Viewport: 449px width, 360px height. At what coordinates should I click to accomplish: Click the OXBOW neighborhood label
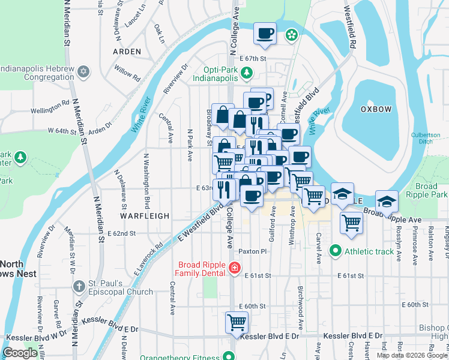tap(376, 109)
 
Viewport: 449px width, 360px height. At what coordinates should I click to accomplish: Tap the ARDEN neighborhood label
tap(127, 52)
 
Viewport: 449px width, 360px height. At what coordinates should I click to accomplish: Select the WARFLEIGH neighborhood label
tap(144, 215)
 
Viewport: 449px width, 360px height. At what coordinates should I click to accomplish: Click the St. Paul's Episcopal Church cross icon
tap(78, 286)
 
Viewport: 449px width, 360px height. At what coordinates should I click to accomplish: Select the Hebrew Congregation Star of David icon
tap(84, 72)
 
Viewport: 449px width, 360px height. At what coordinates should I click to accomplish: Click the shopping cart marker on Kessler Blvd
tap(237, 322)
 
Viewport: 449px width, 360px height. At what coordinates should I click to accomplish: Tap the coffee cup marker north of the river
tap(265, 34)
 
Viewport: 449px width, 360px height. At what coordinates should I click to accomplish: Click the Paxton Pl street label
tap(252, 251)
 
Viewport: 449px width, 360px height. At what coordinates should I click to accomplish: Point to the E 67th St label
tap(252, 59)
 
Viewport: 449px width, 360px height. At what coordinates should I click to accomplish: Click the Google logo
tap(21, 353)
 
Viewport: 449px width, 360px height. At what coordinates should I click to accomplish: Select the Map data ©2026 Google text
tap(412, 355)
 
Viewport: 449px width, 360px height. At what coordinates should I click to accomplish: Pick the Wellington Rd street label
tap(50, 108)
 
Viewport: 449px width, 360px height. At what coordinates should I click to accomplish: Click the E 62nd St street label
tap(122, 233)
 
